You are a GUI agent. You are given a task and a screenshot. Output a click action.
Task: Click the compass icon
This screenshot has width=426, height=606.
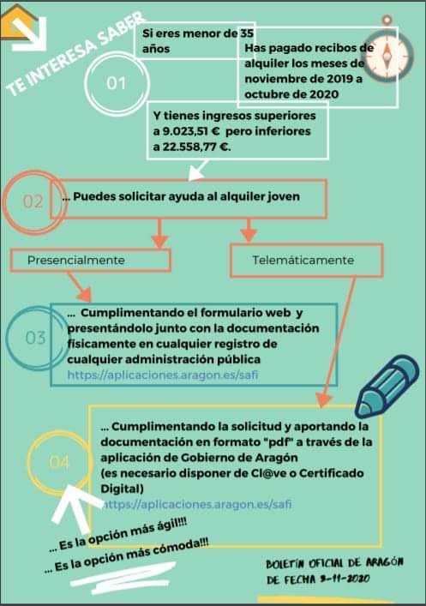pos(387,50)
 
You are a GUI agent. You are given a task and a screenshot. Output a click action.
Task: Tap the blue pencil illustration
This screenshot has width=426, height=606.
pos(387,387)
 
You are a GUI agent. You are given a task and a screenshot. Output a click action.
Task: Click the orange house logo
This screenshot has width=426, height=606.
pos(20,22)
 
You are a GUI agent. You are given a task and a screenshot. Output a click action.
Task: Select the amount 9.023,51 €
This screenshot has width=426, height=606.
pos(191,131)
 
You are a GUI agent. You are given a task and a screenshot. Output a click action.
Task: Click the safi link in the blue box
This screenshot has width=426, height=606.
pos(163,375)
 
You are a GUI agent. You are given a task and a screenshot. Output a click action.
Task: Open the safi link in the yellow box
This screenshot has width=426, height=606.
pos(197,504)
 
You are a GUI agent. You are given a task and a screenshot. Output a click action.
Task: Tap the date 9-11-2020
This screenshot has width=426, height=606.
pos(345,579)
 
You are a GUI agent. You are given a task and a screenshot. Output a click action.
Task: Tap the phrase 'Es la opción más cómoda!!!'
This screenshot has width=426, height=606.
pos(128,555)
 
